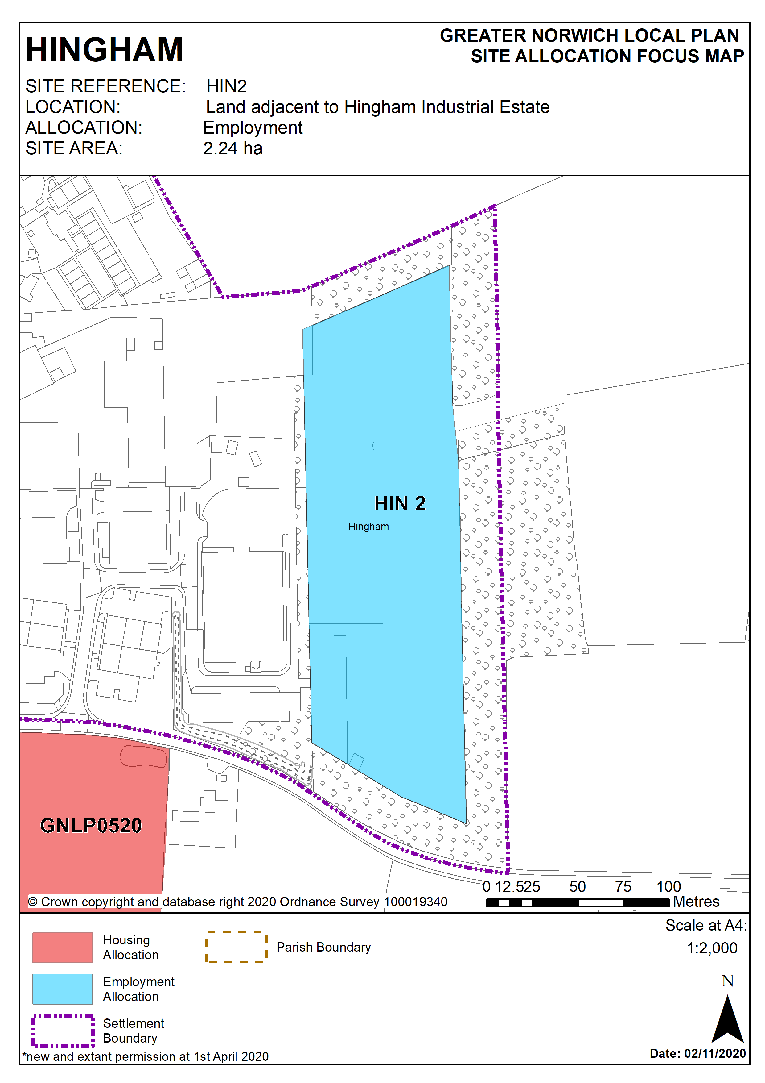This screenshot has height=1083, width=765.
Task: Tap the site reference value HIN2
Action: pos(226,86)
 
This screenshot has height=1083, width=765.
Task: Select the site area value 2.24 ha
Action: pos(232,148)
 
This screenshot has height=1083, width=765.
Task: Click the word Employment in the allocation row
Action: pos(253,128)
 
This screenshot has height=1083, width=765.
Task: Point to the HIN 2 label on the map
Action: pos(400,503)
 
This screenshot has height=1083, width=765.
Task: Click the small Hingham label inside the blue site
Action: pos(368,527)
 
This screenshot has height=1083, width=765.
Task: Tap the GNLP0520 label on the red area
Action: pos(91,826)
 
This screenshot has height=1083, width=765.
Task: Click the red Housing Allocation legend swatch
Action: pos(63,947)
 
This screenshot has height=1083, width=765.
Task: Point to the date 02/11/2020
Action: pos(714,1053)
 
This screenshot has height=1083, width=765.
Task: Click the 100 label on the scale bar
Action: pos(668,887)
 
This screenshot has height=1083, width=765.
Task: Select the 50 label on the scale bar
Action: pos(578,887)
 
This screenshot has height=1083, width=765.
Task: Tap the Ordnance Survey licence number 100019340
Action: pos(415,902)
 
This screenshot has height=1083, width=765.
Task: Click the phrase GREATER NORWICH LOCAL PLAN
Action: pos(589,36)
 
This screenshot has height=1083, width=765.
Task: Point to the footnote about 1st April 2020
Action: pos(146,1056)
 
